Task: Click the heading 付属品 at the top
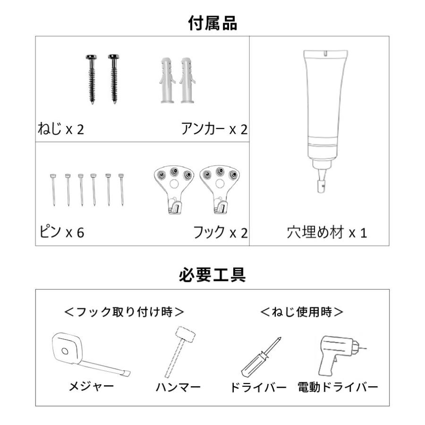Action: point(212,22)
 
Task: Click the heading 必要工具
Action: point(212,274)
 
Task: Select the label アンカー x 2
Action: point(214,129)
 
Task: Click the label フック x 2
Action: point(220,232)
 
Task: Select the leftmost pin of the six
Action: point(53,189)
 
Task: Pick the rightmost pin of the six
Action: point(122,189)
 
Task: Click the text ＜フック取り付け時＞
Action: point(124,312)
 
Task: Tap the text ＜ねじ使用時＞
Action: point(302,312)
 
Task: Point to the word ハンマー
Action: point(178,388)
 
